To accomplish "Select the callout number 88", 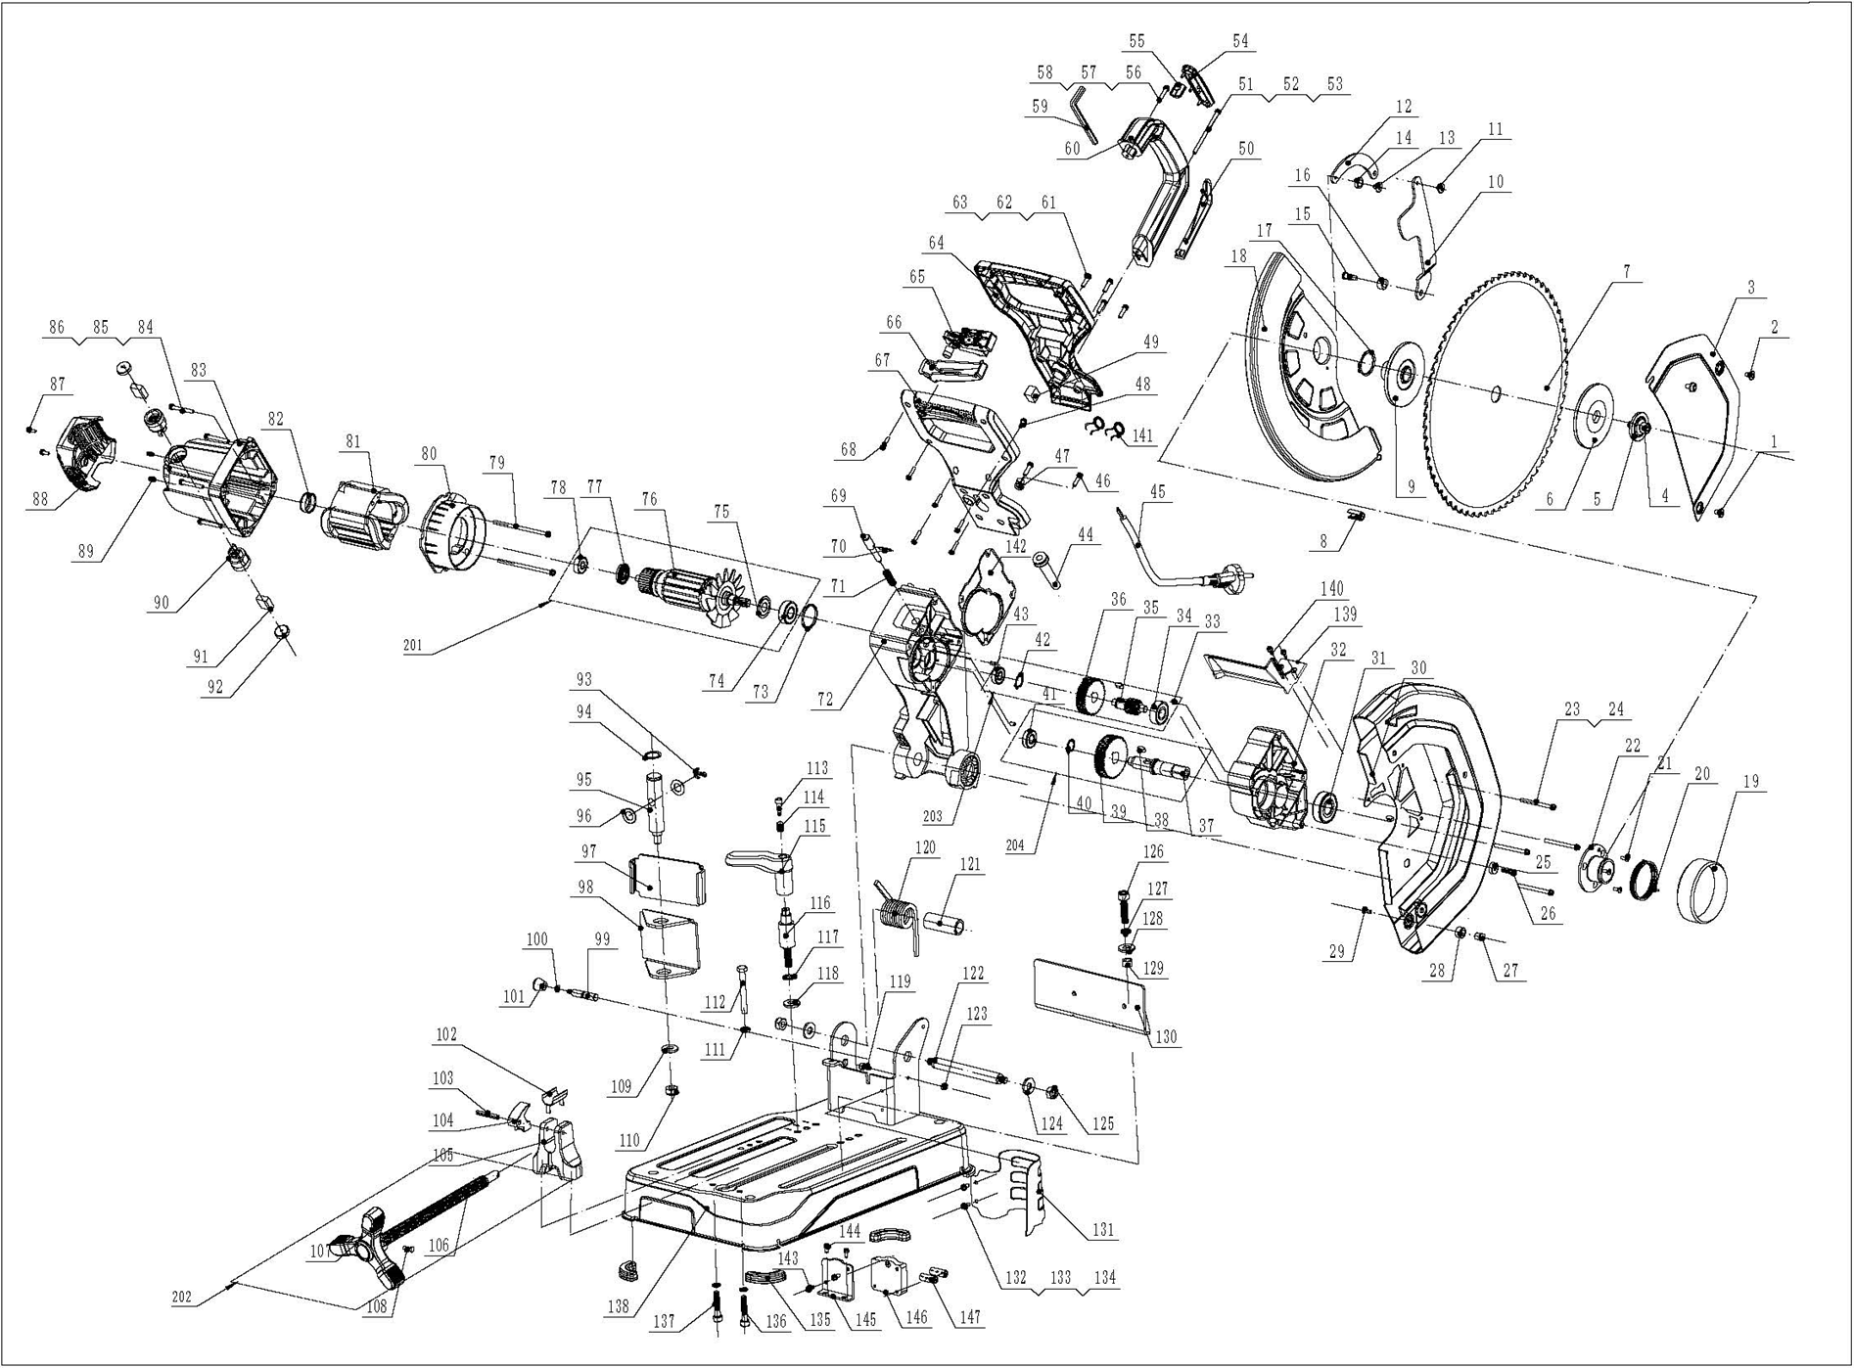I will [39, 499].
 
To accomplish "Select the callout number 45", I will [1159, 492].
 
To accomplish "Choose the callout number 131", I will [1103, 1230].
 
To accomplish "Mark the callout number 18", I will [1239, 256].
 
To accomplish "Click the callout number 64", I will [937, 243].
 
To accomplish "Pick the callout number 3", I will [1751, 288].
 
